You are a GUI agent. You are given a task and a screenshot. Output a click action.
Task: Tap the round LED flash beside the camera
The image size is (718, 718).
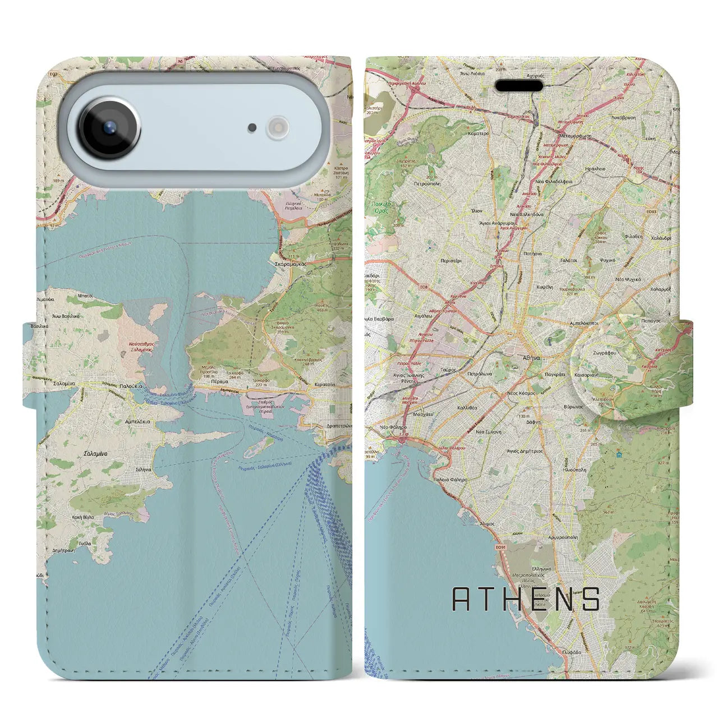click(x=278, y=127)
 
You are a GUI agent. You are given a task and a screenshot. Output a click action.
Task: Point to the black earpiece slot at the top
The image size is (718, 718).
click(x=519, y=86)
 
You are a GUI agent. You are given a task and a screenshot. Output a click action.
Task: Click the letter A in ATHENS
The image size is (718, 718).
click(x=461, y=599)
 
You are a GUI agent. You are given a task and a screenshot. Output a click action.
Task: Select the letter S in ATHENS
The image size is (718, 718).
click(x=591, y=599)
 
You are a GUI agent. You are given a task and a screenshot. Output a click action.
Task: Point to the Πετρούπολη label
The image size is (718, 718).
click(x=427, y=183)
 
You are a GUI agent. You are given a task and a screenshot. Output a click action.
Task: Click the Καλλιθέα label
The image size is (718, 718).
click(x=467, y=408)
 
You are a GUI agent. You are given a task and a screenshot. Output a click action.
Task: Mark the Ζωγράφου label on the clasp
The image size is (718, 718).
click(x=604, y=353)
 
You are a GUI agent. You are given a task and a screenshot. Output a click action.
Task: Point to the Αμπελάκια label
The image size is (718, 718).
click(x=137, y=420)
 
